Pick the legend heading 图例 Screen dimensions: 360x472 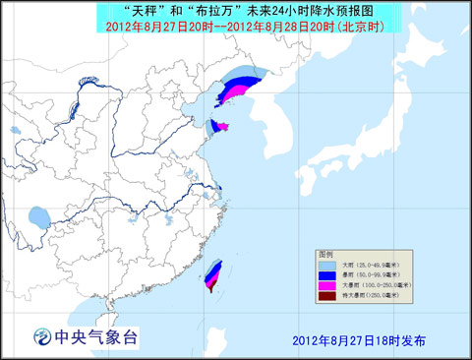(325, 253)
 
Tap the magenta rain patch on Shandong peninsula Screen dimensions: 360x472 (222, 126)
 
